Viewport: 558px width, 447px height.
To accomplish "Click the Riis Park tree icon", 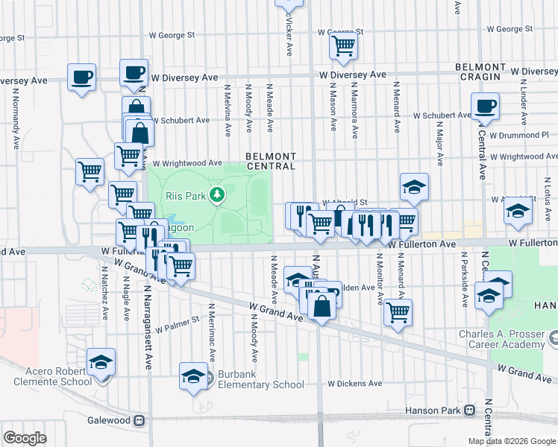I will pyautogui.click(x=217, y=195).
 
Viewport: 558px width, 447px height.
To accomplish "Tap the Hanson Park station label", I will pyautogui.click(x=433, y=410).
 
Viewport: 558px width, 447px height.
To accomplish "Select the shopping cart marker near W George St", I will pyautogui.click(x=343, y=45).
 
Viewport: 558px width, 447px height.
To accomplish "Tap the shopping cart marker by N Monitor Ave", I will pyautogui.click(x=398, y=311).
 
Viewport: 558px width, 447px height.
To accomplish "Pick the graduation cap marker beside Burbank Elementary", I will pyautogui.click(x=194, y=375).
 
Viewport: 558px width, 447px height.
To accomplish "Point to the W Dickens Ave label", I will pyautogui.click(x=354, y=384).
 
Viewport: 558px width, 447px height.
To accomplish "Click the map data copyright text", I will pyautogui.click(x=511, y=441).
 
